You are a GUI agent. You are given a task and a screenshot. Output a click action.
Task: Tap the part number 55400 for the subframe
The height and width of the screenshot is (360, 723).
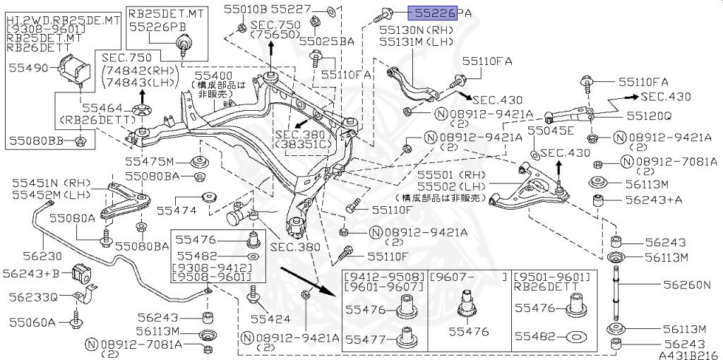pos(214,74)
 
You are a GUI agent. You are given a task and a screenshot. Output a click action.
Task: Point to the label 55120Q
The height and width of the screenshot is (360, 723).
pos(650,114)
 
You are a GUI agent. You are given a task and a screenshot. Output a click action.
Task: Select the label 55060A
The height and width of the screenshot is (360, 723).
pos(32,323)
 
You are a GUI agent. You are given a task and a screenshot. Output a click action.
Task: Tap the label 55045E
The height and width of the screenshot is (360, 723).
pos(551,131)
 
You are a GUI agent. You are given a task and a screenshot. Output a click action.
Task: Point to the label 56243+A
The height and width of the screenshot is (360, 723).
pos(654,200)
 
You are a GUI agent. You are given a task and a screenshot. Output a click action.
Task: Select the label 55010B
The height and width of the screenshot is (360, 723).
pos(246,9)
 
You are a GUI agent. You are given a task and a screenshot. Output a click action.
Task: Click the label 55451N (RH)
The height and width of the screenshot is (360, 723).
pos(46,184)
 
